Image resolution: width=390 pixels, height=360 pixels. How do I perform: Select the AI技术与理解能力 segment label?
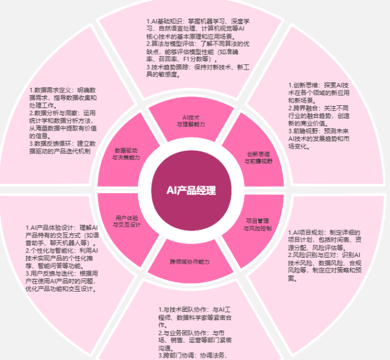190,120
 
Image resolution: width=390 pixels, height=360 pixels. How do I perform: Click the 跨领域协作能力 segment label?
190,262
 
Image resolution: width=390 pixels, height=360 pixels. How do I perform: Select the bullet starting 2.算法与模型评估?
196,51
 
